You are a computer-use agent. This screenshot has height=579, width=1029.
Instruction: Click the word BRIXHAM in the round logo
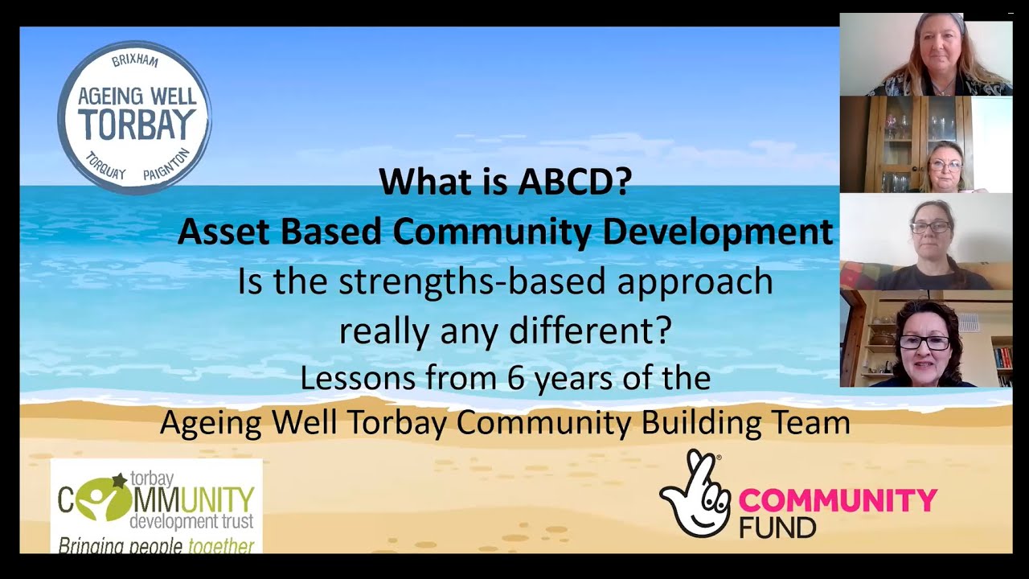(135, 62)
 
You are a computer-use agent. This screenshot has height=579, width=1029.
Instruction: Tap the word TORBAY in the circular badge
(137, 125)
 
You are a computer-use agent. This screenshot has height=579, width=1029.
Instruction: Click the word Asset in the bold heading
(220, 232)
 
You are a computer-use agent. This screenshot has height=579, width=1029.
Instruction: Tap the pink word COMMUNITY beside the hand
(838, 500)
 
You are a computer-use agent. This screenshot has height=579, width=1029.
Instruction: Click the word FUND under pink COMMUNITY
(777, 527)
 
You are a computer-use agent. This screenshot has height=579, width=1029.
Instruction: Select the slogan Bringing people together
(156, 546)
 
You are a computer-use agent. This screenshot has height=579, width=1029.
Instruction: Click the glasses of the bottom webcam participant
(924, 343)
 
